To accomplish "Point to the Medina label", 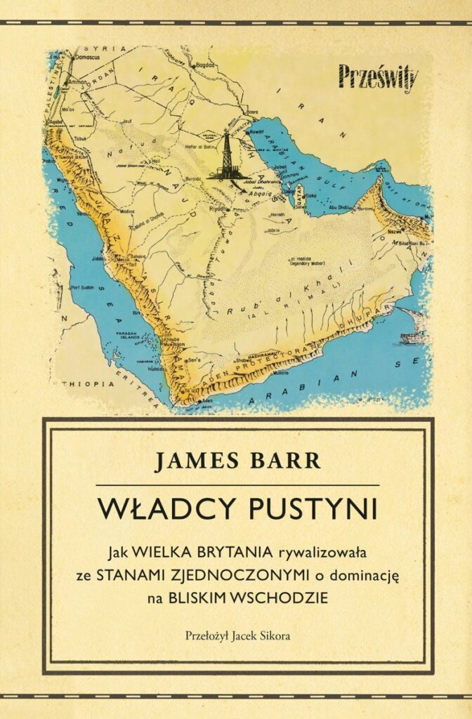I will [x=129, y=210].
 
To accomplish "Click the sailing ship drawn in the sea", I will [x=414, y=336].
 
